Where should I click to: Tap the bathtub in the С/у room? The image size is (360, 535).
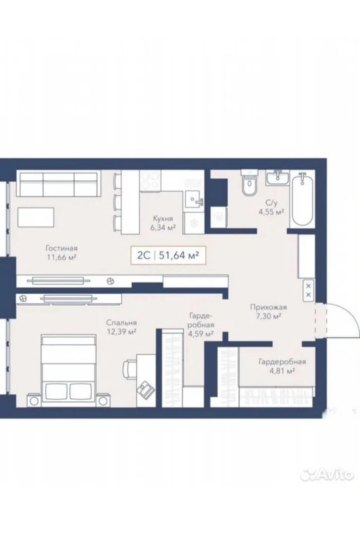(x=303, y=199)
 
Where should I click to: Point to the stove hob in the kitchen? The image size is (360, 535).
(x=151, y=180)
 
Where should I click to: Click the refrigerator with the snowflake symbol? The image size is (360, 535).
(x=194, y=223)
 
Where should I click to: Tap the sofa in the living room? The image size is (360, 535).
(x=59, y=184)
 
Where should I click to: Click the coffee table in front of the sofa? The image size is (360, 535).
(x=36, y=217)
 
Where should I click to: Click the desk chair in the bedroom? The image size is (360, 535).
(x=130, y=370)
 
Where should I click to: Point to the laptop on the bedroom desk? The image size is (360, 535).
(x=146, y=389)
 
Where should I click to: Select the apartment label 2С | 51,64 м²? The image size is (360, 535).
(x=168, y=255)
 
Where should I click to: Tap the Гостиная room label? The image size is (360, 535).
(x=61, y=248)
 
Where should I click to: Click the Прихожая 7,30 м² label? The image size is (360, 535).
(x=268, y=312)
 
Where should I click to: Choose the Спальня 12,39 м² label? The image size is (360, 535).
(x=121, y=327)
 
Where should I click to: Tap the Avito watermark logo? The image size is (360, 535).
(x=326, y=475)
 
